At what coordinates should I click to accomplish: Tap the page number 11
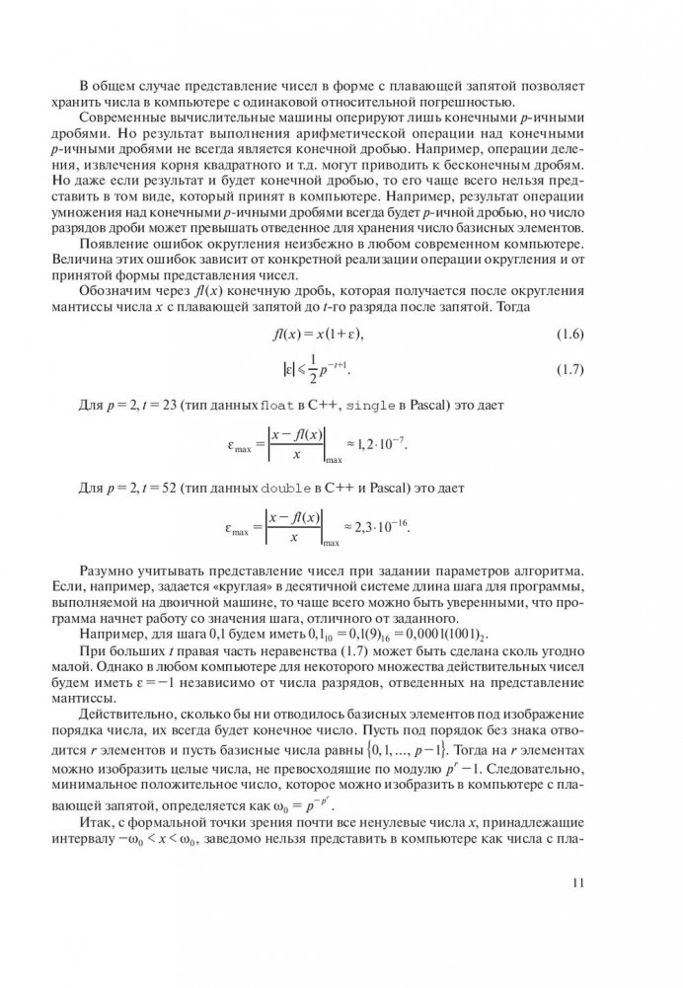578,937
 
